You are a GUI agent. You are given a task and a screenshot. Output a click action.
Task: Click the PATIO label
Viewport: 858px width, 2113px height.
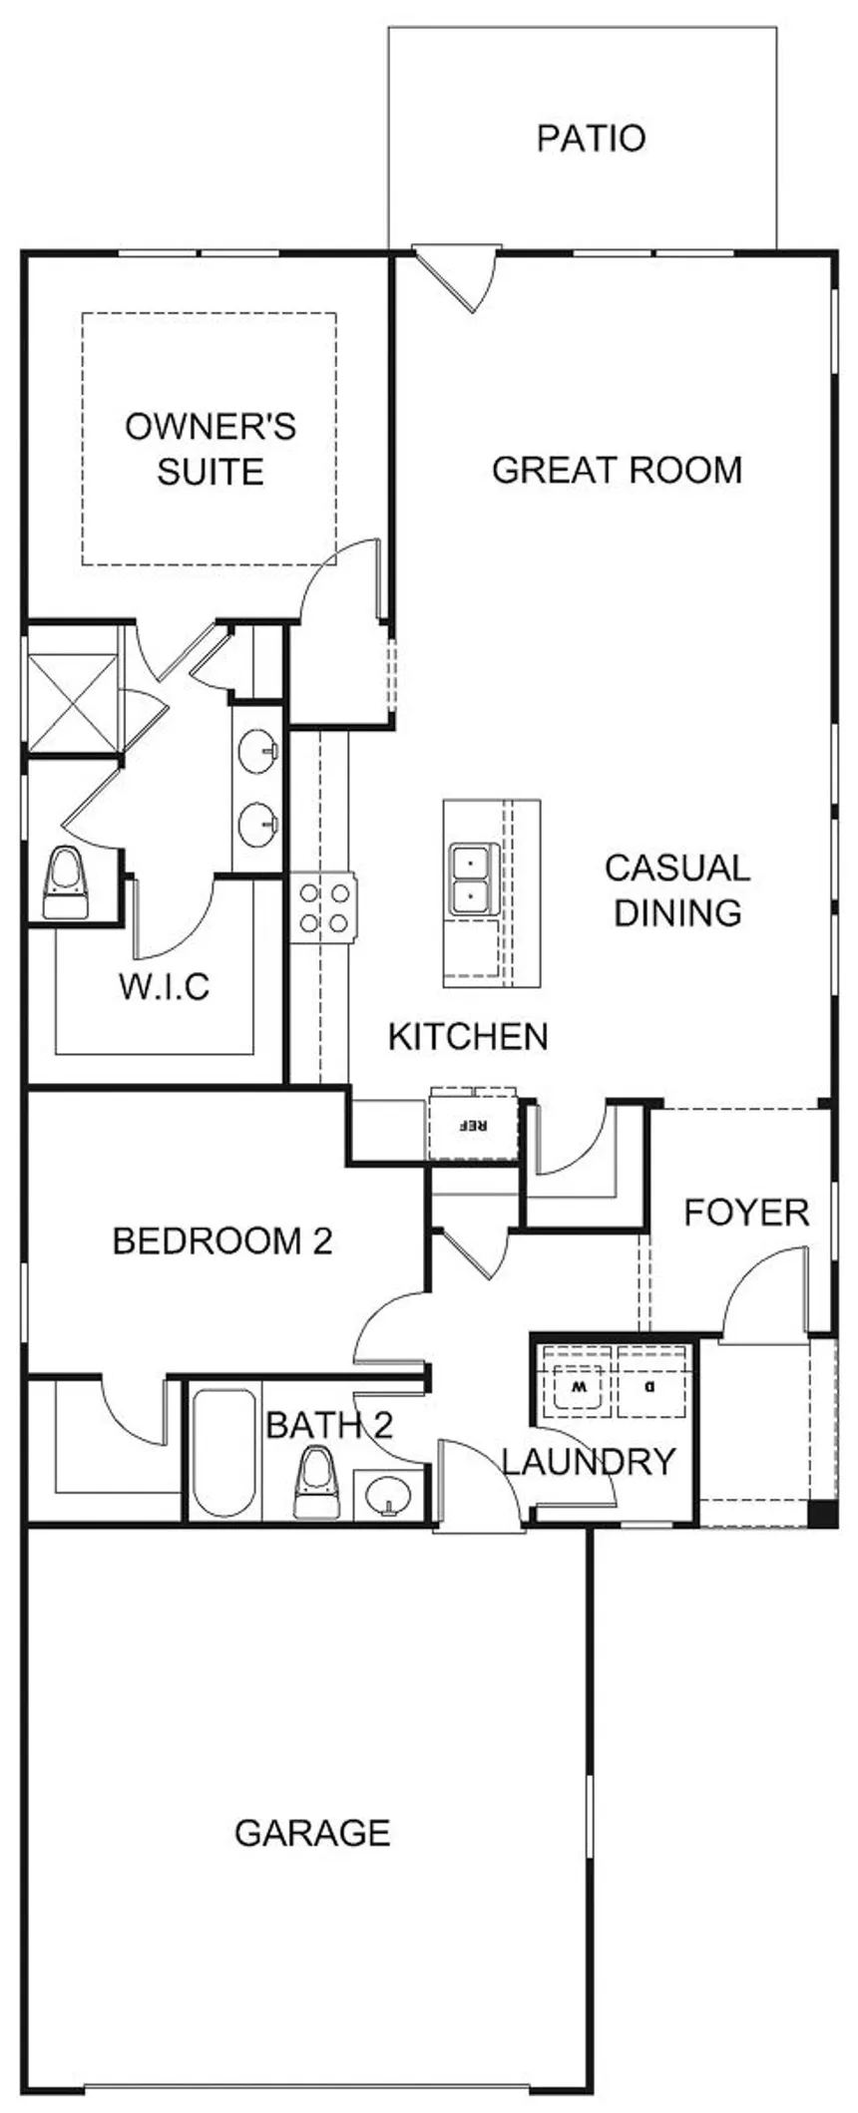click(x=592, y=138)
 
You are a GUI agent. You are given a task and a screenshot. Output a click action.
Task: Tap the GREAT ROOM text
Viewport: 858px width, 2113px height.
click(x=618, y=470)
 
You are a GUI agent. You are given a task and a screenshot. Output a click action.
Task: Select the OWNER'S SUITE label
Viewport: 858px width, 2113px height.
click(x=211, y=448)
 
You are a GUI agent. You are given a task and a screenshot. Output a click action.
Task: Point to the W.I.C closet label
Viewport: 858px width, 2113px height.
click(x=165, y=986)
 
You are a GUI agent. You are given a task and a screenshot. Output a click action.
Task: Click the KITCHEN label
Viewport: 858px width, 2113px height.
click(x=468, y=1037)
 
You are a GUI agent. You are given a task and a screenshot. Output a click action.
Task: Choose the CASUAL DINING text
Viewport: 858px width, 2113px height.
click(x=677, y=889)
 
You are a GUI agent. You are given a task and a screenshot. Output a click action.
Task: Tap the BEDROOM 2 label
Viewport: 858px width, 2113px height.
click(x=222, y=1241)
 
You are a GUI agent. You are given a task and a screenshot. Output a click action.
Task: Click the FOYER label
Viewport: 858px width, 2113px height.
click(x=746, y=1213)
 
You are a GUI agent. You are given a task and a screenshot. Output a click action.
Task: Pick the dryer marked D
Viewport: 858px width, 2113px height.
click(x=651, y=1384)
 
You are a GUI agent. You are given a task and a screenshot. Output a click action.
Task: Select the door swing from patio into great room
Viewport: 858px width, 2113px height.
click(x=457, y=280)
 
